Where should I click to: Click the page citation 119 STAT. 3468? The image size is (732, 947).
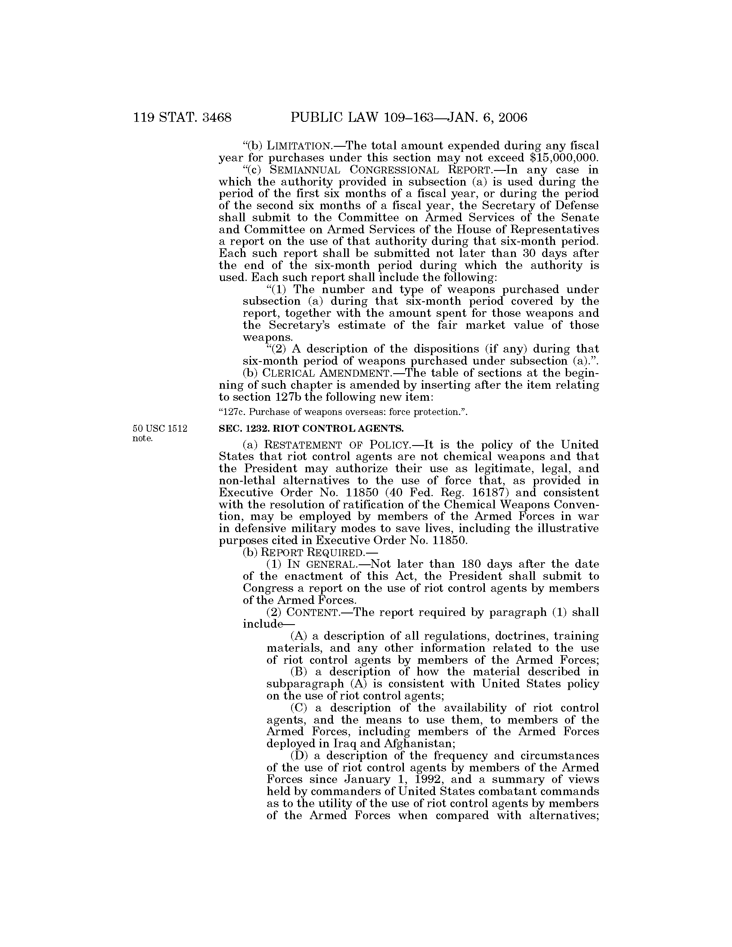(182, 118)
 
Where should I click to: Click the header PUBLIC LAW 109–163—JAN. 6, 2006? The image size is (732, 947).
(409, 118)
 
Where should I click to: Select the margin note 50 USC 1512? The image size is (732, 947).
(160, 429)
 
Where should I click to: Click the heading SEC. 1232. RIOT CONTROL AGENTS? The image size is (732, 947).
(311, 429)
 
